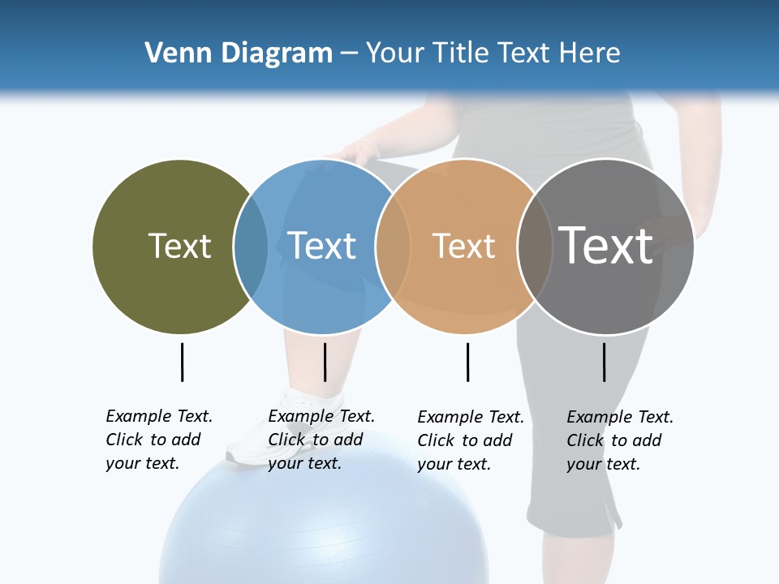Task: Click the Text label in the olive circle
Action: click(179, 246)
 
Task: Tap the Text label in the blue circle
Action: click(322, 246)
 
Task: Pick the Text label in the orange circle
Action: click(463, 246)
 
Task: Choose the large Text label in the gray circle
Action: click(606, 246)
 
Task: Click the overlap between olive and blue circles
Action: click(251, 247)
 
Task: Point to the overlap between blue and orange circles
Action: click(393, 247)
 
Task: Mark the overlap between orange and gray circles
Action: click(535, 247)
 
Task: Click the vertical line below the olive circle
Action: click(183, 362)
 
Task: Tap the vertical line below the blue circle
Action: click(325, 362)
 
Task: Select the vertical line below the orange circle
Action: click(467, 362)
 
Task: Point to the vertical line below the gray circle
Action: click(605, 362)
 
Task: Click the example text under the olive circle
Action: click(159, 440)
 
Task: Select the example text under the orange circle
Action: click(471, 440)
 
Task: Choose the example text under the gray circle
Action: click(620, 440)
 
